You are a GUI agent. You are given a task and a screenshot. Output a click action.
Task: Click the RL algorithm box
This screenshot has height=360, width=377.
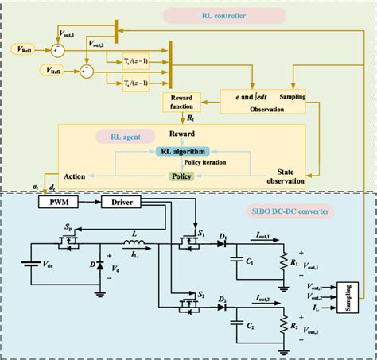184,151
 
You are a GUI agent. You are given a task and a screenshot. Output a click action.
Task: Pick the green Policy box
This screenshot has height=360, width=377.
183,175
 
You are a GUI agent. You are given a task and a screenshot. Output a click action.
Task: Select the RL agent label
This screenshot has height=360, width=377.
119,135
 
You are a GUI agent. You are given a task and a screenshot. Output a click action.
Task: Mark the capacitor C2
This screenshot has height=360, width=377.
236,326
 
